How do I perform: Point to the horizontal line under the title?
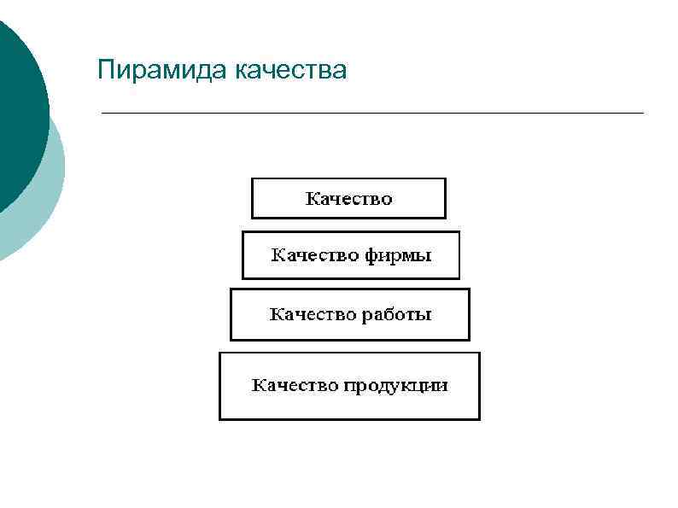tap(371, 113)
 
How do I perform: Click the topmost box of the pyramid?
tap(348, 198)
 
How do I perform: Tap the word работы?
tap(396, 314)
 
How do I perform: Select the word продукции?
tap(395, 385)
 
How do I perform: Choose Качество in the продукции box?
tap(294, 385)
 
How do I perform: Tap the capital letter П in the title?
tap(105, 69)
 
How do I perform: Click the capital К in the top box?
tap(312, 199)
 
